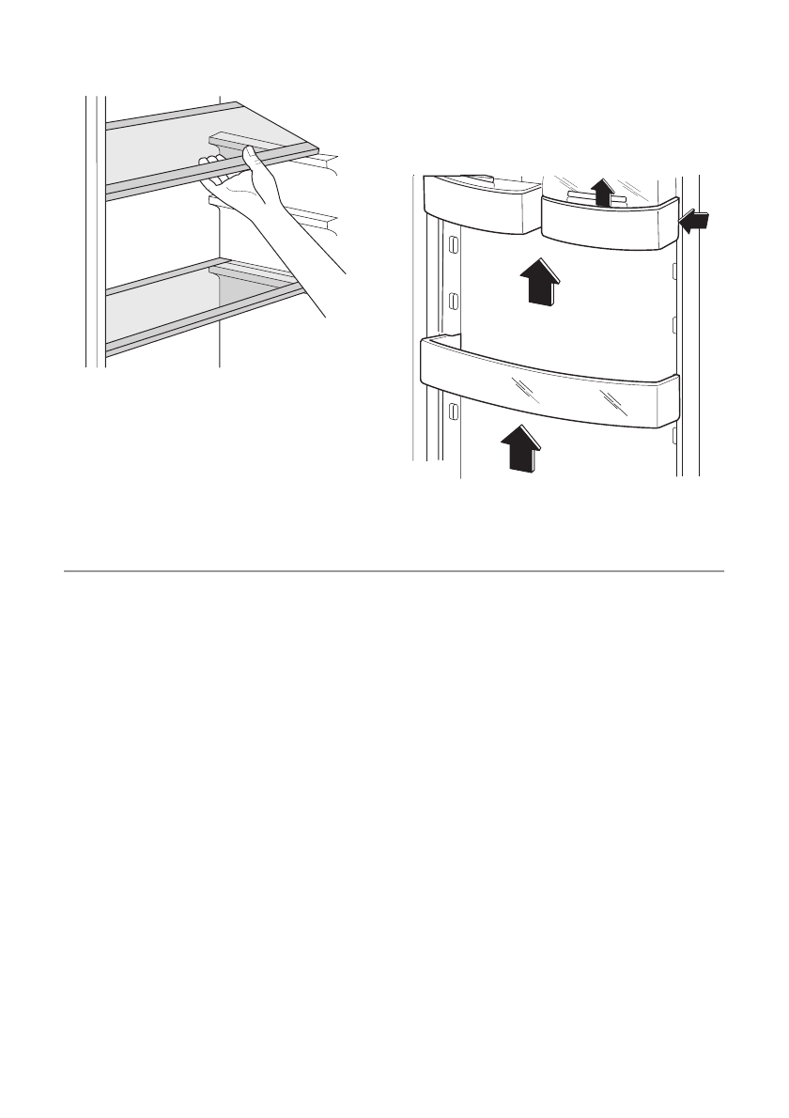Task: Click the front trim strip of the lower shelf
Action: click(x=207, y=319)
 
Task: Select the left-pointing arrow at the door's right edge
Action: click(x=696, y=223)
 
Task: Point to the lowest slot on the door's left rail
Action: click(x=453, y=411)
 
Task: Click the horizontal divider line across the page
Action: click(x=394, y=570)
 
